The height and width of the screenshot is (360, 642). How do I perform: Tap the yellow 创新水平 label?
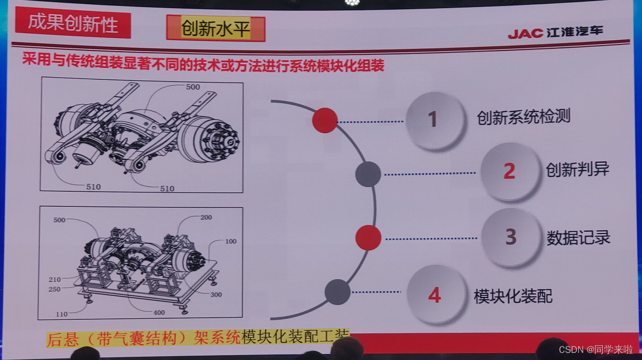(x=216, y=28)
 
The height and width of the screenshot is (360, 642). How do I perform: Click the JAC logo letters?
(x=525, y=33)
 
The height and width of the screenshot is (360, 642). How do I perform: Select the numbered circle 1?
(x=435, y=120)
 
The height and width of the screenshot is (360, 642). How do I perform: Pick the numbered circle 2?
(x=510, y=171)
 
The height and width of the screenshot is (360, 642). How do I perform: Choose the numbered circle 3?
(x=511, y=237)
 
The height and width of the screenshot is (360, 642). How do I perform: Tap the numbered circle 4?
(x=436, y=294)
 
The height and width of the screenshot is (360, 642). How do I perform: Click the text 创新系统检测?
(x=523, y=117)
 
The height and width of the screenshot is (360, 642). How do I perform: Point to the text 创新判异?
(x=577, y=169)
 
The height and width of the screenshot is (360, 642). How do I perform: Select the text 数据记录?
(x=578, y=237)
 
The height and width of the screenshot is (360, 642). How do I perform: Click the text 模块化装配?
(x=513, y=296)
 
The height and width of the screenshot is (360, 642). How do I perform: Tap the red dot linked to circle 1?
(x=325, y=121)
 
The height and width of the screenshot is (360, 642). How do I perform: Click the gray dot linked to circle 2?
(x=368, y=174)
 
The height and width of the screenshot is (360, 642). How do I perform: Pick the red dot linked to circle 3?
(x=368, y=237)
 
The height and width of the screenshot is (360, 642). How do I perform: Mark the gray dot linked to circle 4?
(x=338, y=292)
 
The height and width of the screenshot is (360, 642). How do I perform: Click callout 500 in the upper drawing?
(x=193, y=87)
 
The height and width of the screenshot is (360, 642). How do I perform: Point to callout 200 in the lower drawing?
(x=206, y=217)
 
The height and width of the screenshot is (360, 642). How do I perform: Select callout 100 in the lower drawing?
(x=231, y=241)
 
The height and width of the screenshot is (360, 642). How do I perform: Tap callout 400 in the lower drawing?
(x=159, y=313)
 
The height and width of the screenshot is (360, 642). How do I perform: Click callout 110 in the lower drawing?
(x=61, y=314)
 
